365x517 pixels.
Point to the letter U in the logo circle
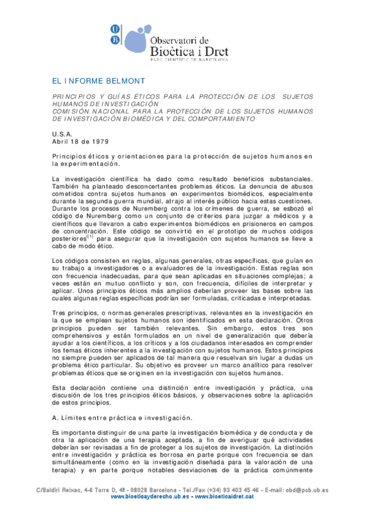[x=115, y=28]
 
